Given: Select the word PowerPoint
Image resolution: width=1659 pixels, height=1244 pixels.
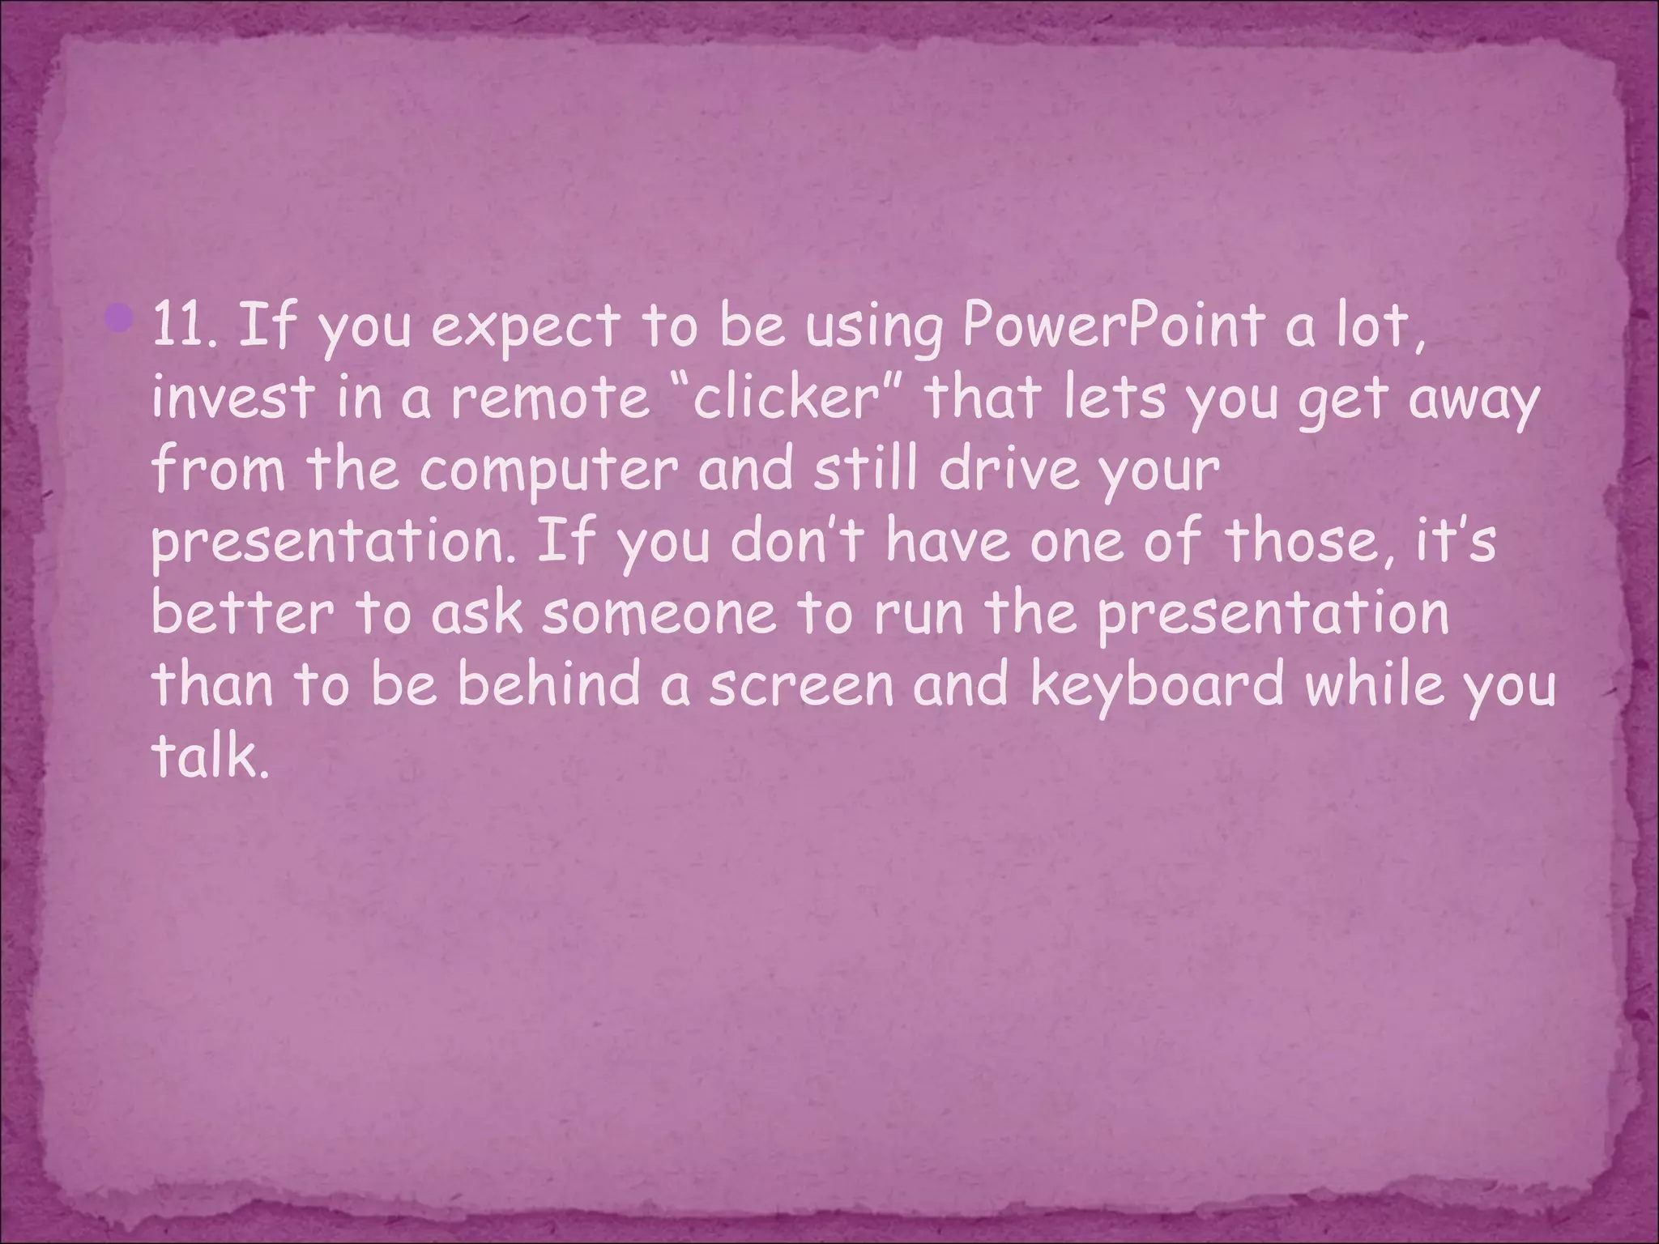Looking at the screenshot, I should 1113,326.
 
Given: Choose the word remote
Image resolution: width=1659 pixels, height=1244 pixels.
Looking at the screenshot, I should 550,398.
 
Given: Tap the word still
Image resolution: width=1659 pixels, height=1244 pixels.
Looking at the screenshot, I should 867,470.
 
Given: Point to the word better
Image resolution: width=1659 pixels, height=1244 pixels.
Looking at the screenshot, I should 242,613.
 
